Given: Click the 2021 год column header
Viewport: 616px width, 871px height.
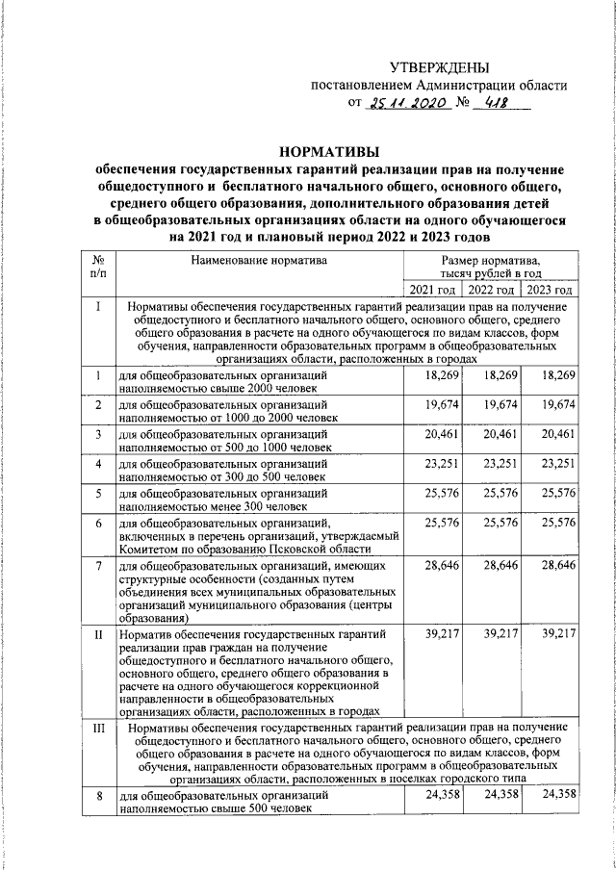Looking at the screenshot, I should [432, 291].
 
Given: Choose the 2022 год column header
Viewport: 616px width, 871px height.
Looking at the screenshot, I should [489, 291].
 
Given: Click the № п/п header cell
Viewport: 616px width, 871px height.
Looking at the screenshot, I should [98, 267].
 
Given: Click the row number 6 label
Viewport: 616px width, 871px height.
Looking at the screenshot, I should [98, 524].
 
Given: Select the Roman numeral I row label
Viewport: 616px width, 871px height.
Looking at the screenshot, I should [98, 307].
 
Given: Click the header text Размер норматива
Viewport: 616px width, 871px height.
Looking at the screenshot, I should [491, 260].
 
